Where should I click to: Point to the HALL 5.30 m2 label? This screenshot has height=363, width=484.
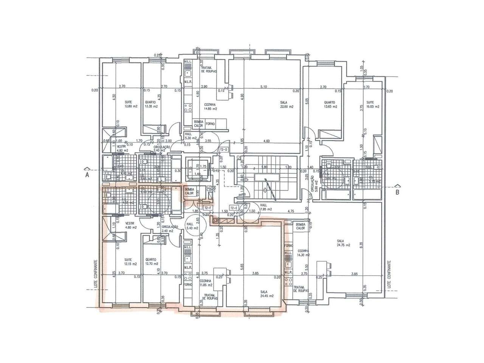191,136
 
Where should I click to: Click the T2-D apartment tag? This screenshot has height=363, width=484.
223,150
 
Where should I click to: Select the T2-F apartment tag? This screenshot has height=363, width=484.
208,208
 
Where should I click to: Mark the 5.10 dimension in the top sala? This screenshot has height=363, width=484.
264,87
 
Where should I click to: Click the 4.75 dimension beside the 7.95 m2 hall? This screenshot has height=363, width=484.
291,211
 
